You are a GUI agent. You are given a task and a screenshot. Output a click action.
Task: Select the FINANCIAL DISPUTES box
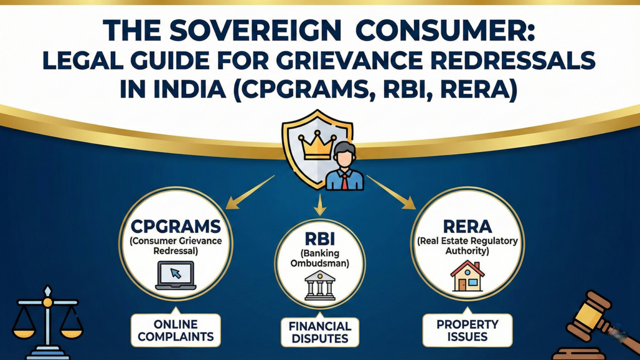[320, 332]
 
